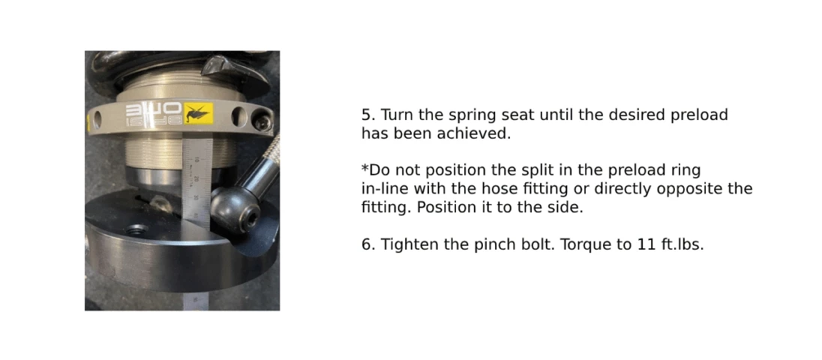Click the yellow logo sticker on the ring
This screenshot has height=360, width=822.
point(198,112)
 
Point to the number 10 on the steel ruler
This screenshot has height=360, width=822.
point(196,160)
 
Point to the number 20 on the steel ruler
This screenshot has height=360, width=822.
point(196,179)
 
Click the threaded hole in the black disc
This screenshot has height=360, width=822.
point(136,229)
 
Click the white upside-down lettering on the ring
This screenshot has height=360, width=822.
point(154,114)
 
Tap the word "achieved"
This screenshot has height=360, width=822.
point(480,133)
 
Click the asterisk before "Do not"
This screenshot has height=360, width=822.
point(365,169)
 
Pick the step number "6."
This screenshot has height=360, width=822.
point(368,244)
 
